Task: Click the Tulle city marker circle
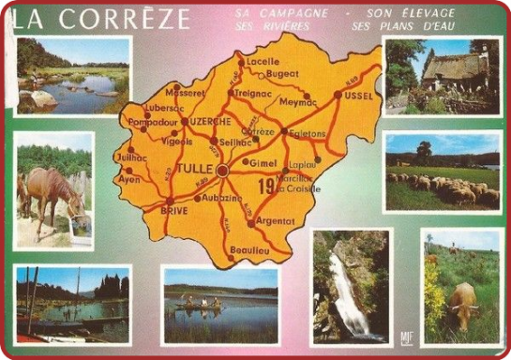tap(222, 172)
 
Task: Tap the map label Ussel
tap(360, 96)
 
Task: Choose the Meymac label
tap(299, 102)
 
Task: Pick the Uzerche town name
tap(210, 123)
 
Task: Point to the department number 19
tap(266, 187)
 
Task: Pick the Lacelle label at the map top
tap(257, 62)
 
